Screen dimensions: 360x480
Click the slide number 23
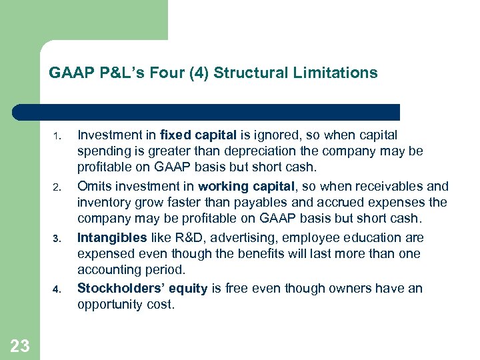(20, 345)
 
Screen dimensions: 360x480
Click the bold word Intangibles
(111, 237)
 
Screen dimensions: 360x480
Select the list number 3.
(57, 239)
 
